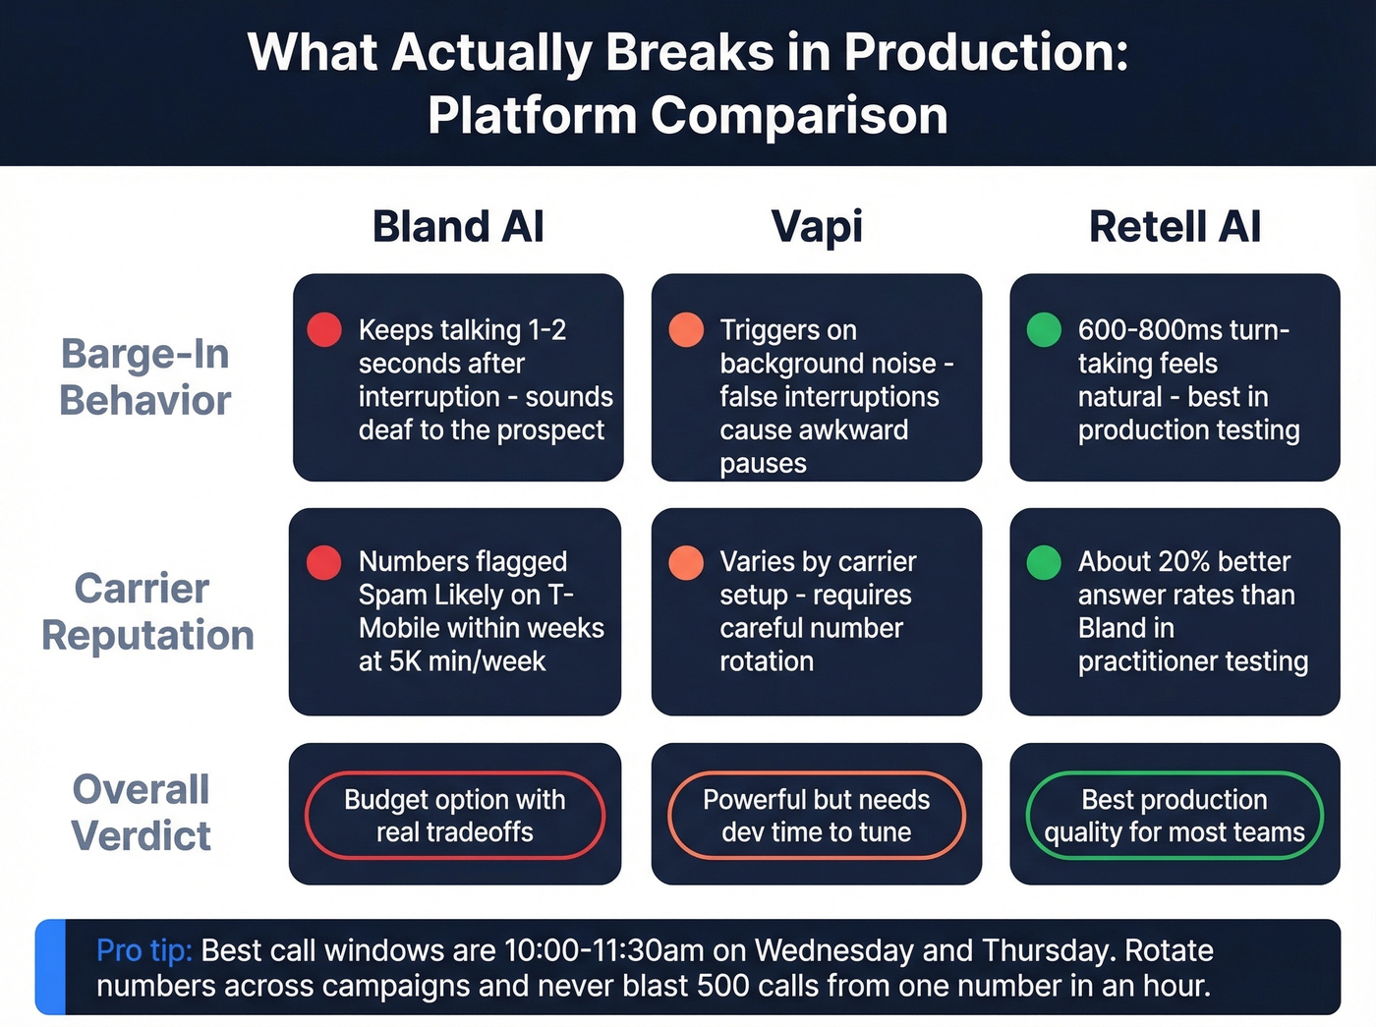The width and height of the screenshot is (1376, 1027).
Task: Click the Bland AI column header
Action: (x=458, y=227)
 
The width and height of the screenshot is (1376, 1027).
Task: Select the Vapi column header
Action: (x=817, y=227)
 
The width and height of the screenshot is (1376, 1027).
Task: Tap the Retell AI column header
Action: (x=1175, y=227)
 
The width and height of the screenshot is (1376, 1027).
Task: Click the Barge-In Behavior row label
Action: (x=144, y=377)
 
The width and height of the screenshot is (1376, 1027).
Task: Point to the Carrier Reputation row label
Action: (x=146, y=611)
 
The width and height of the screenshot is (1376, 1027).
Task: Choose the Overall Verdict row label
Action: (x=141, y=813)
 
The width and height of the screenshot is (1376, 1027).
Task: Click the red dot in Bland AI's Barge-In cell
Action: (x=324, y=330)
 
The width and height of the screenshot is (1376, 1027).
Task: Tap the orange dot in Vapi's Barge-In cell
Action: (x=686, y=330)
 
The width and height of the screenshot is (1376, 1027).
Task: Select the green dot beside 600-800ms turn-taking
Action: (x=1044, y=330)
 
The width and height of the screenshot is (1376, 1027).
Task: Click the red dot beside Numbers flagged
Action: (x=324, y=562)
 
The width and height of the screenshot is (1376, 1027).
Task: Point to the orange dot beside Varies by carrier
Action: (x=686, y=562)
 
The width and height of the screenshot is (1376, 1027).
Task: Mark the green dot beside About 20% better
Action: (x=1044, y=562)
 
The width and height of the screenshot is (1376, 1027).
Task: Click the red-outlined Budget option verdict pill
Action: (x=455, y=816)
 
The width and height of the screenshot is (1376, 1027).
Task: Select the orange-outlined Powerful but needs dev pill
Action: (x=816, y=816)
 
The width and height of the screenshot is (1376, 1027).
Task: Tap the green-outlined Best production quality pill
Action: (x=1175, y=816)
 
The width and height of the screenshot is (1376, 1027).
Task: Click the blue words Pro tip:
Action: (x=144, y=951)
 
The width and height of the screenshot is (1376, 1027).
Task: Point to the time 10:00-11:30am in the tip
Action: (x=603, y=951)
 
